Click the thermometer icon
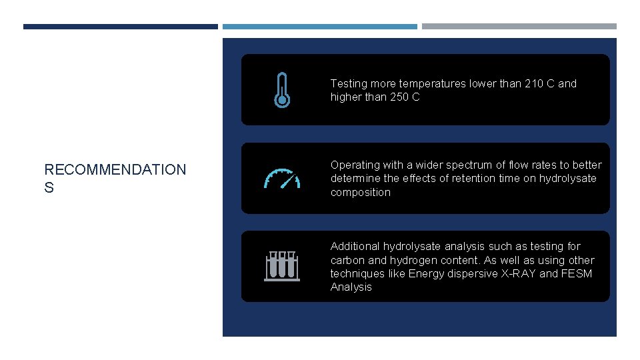282,90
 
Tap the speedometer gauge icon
282,179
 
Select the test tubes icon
281,266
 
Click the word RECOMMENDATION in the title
115,170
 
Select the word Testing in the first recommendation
348,84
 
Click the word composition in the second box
361,193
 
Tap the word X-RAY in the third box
518,273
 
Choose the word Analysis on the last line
351,287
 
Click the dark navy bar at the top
121,27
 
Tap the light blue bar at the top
320,27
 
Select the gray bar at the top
519,27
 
